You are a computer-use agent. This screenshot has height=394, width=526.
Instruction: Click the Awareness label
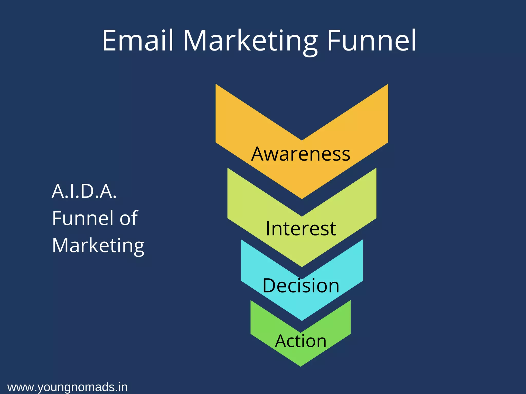[x=301, y=154]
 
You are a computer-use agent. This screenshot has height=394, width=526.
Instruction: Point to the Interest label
[x=301, y=228]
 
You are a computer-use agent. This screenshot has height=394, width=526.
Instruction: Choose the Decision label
[x=301, y=285]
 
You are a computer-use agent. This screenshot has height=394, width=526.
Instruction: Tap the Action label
[x=301, y=341]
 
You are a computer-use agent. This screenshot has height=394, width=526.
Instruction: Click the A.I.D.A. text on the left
[x=84, y=191]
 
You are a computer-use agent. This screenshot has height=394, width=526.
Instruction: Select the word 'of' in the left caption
[x=128, y=218]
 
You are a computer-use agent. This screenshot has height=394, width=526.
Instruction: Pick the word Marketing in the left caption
[x=98, y=245]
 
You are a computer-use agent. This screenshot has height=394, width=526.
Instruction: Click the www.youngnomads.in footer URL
[x=68, y=387]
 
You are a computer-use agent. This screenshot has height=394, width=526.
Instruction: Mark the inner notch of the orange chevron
[x=302, y=140]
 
